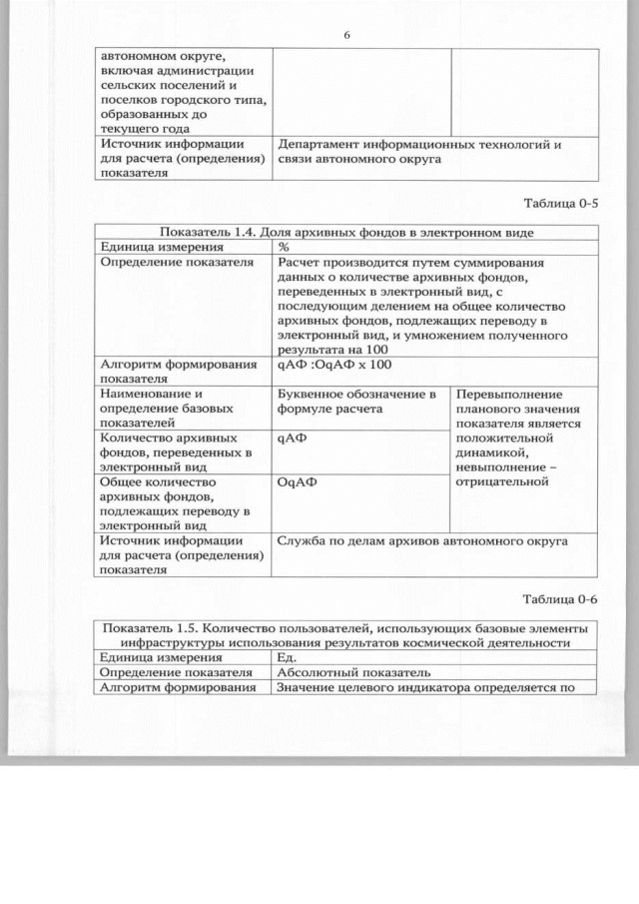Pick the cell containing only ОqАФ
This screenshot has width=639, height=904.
tap(297, 481)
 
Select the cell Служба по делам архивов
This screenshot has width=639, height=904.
tap(422, 541)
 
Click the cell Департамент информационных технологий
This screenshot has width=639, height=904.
tap(419, 151)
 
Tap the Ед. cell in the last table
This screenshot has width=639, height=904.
tap(287, 657)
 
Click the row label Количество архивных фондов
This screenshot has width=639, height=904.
tap(168, 452)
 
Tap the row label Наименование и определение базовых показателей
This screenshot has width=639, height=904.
tap(167, 408)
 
